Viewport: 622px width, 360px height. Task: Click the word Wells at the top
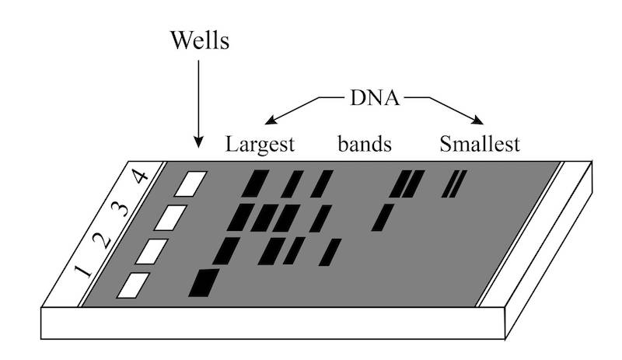pyautogui.click(x=200, y=40)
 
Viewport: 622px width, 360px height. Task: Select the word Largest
pyautogui.click(x=260, y=145)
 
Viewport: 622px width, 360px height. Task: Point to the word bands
pyautogui.click(x=364, y=145)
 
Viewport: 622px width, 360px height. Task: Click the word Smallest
pyautogui.click(x=479, y=145)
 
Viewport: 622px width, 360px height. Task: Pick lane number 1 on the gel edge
pyautogui.click(x=79, y=272)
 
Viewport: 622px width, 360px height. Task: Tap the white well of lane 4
pyautogui.click(x=191, y=184)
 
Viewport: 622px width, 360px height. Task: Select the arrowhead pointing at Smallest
pyautogui.click(x=477, y=120)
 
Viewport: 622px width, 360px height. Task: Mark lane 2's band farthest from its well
pyautogui.click(x=330, y=252)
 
